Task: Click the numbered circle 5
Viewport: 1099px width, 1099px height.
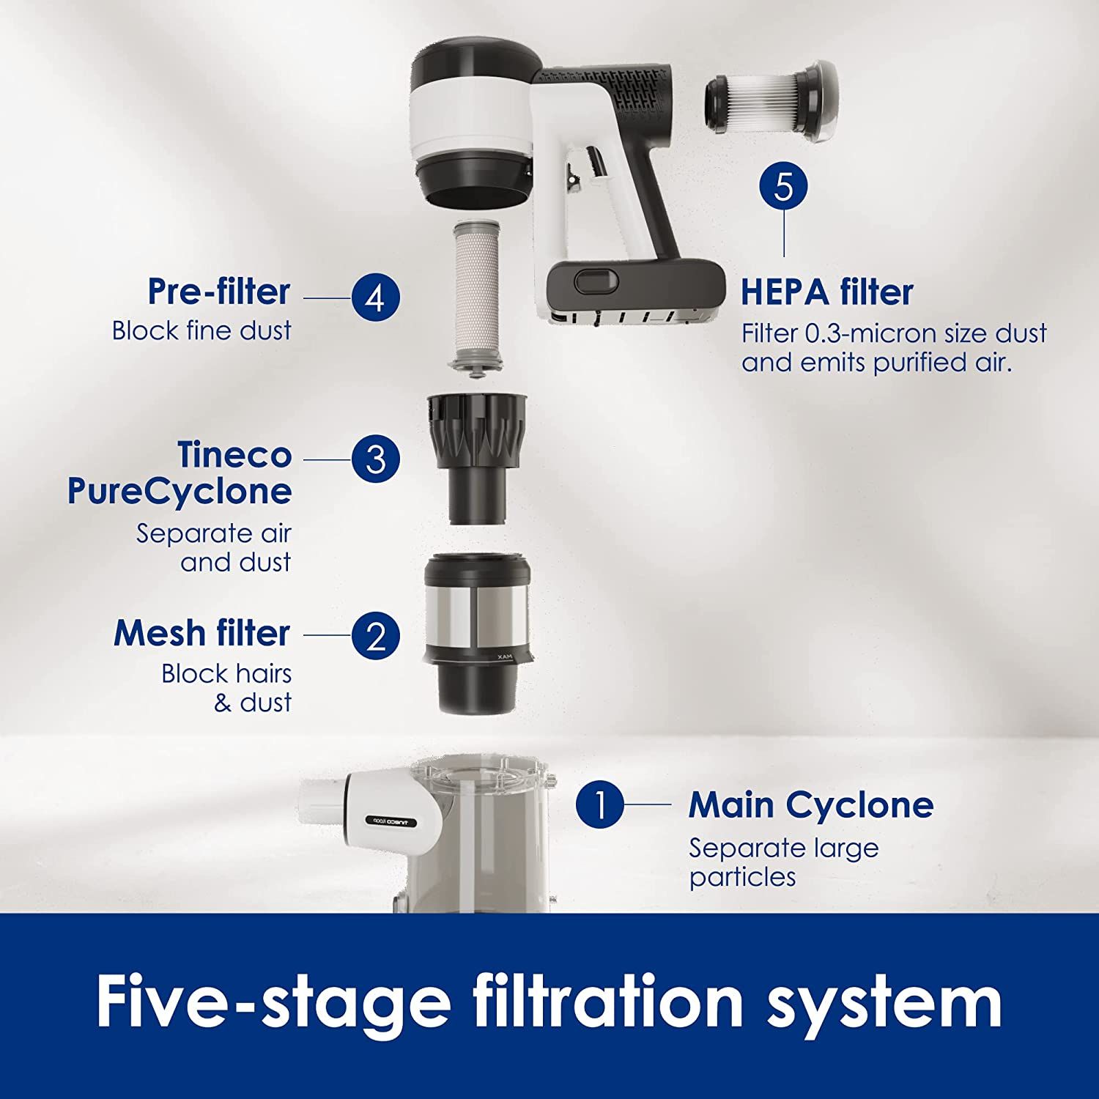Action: point(783,186)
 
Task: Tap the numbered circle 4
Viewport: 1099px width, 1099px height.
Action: point(375,298)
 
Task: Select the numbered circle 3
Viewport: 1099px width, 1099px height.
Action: point(375,459)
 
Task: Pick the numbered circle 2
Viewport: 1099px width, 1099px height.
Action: point(375,636)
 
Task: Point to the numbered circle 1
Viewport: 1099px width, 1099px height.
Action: point(599,804)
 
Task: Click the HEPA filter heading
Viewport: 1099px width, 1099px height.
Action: point(826,292)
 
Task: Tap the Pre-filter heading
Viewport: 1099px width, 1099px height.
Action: point(218,291)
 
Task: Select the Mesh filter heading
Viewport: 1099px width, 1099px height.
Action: point(201,633)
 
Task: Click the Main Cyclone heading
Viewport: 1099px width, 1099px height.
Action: point(810,804)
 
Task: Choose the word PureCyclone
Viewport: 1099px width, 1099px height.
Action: point(180,491)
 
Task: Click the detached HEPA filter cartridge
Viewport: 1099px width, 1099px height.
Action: point(769,101)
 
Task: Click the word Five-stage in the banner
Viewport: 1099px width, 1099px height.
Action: point(273,1002)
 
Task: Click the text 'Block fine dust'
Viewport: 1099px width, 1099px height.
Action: point(201,330)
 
